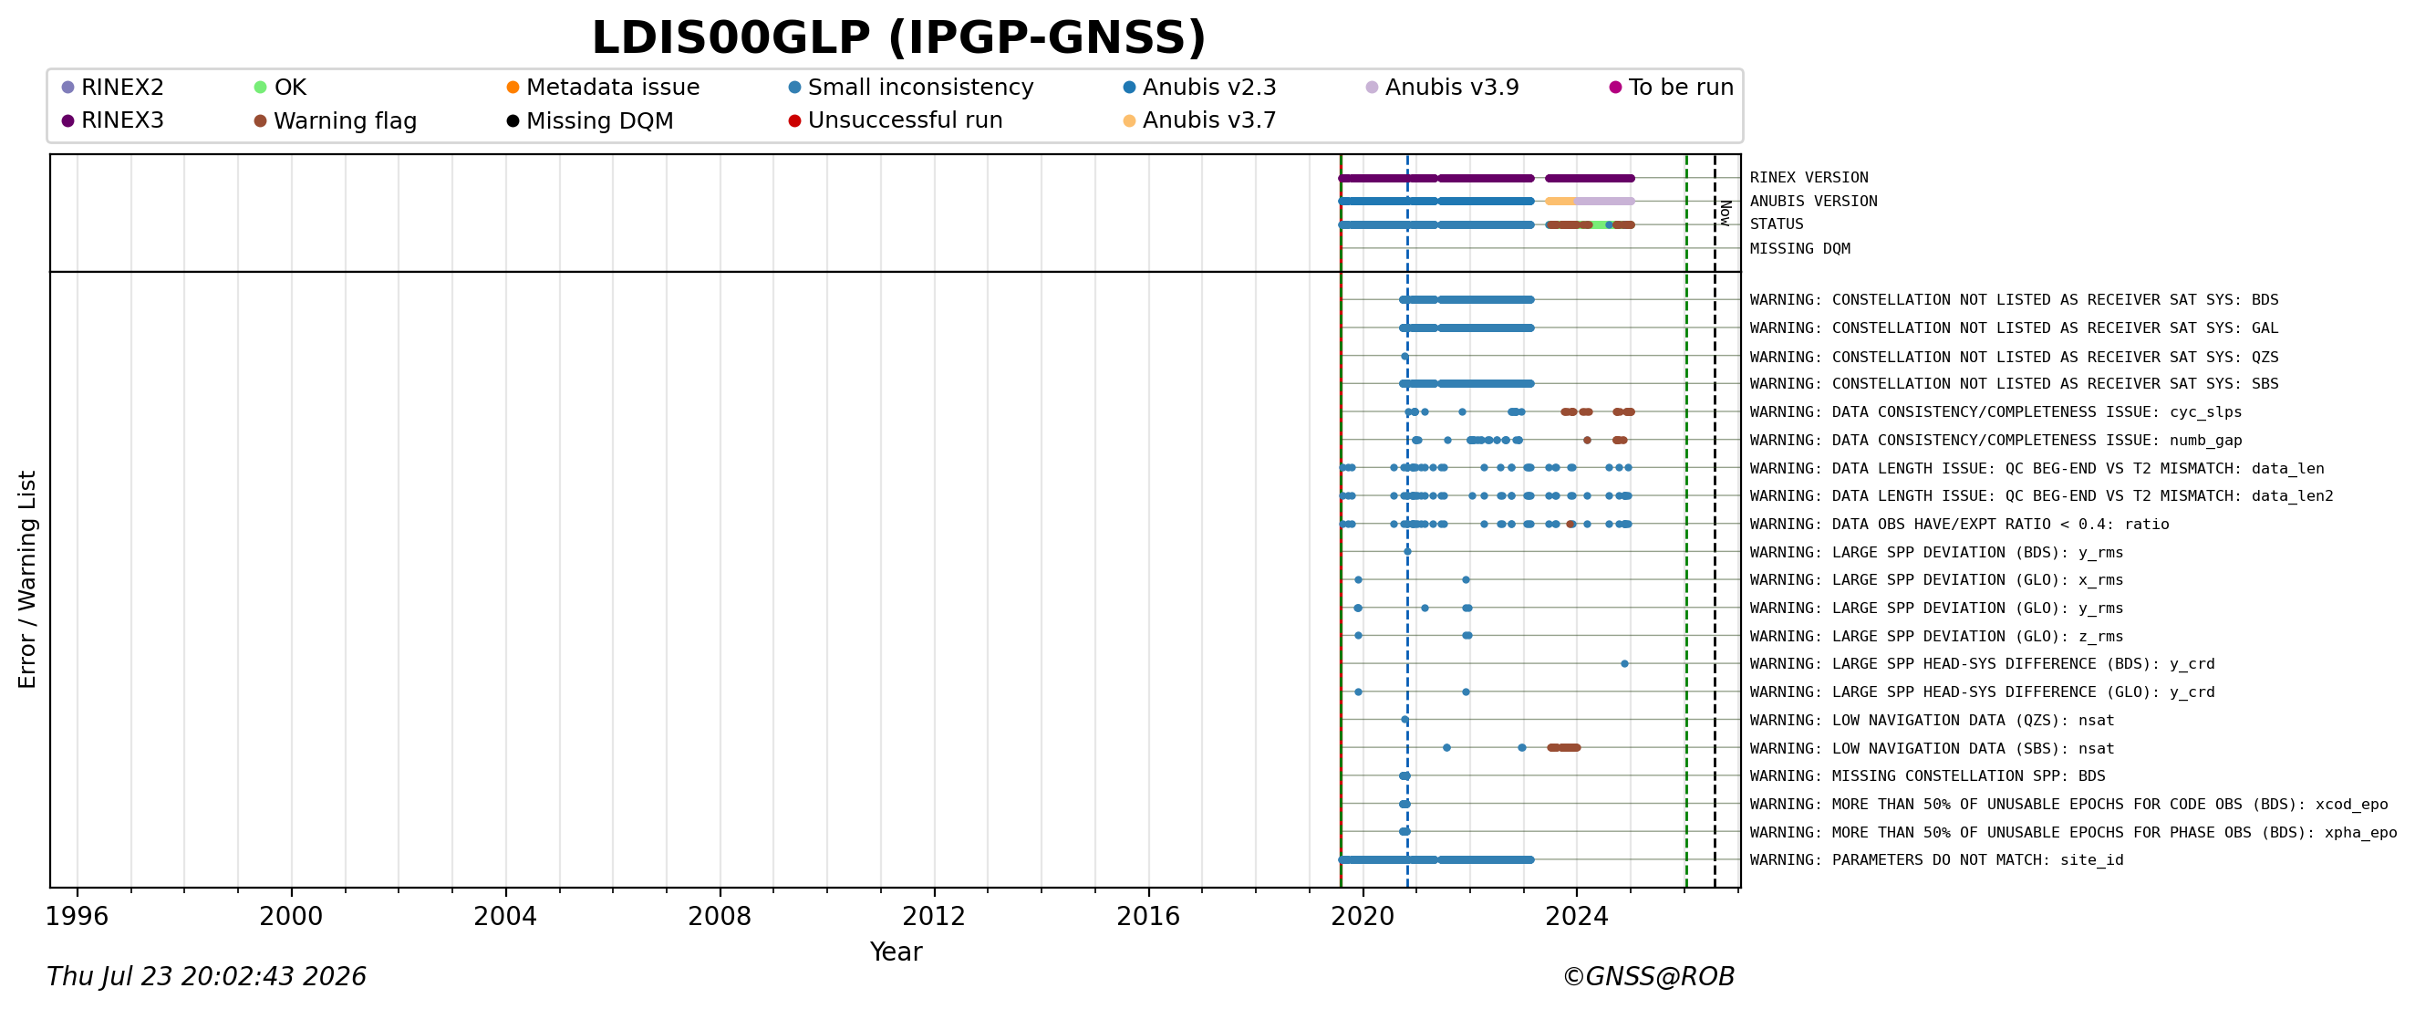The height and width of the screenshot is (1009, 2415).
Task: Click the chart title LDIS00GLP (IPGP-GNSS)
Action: tap(898, 38)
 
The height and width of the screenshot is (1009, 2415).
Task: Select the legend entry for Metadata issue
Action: tap(603, 88)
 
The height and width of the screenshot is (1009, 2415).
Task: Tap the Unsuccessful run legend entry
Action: tap(896, 120)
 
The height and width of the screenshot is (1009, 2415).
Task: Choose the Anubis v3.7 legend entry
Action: tap(1199, 120)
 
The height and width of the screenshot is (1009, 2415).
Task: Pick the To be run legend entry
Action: tap(1672, 88)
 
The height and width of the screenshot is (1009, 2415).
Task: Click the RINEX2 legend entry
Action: tap(112, 88)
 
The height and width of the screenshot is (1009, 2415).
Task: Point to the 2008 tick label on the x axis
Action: tap(719, 916)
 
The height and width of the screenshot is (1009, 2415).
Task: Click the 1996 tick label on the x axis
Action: tap(77, 916)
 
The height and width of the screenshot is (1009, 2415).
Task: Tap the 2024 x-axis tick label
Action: tap(1576, 916)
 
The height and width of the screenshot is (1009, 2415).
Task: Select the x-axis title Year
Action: tap(896, 952)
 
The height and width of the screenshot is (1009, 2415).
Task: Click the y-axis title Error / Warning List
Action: tap(26, 579)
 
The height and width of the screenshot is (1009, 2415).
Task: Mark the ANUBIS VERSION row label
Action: tap(1813, 201)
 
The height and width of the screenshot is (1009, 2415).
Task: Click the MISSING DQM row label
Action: tap(1800, 248)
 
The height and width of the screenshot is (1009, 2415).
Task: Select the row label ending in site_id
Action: tap(1937, 860)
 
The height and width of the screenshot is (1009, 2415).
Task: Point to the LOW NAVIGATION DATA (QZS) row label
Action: tap(1933, 720)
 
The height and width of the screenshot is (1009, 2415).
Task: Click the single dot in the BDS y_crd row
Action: tap(1624, 664)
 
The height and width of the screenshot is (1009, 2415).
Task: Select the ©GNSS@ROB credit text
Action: tap(1648, 976)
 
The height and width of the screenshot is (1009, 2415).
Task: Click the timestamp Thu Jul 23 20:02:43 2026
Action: tap(206, 976)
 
